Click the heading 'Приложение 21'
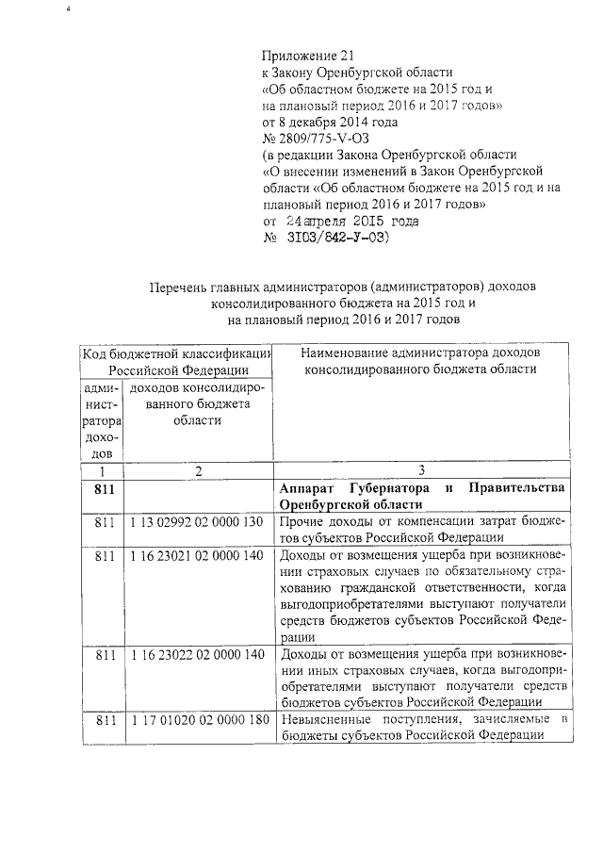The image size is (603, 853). coord(310,56)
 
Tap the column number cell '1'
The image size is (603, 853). coord(102,470)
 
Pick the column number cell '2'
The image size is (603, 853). coord(198,470)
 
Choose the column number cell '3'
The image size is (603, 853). coord(421,470)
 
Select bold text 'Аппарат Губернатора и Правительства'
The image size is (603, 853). coord(421,488)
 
